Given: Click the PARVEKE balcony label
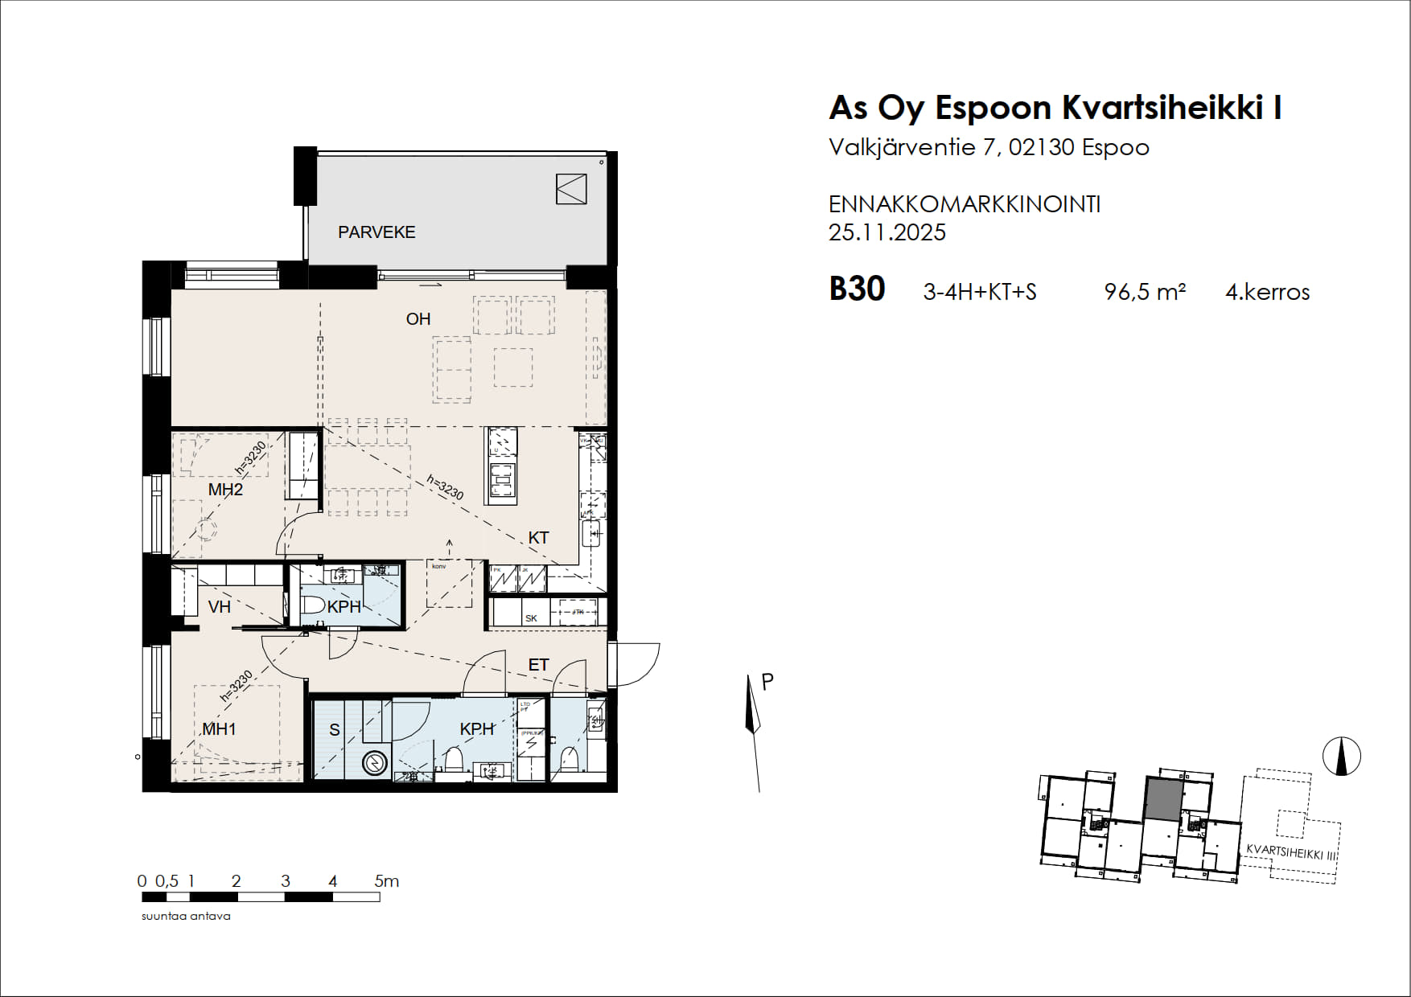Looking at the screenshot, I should tap(376, 232).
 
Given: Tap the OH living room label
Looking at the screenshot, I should tap(418, 319).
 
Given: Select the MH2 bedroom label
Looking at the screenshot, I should tap(225, 490).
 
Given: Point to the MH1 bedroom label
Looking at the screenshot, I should tap(219, 729).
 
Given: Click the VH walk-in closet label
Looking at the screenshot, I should tap(219, 607).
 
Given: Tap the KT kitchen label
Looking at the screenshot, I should tap(538, 538).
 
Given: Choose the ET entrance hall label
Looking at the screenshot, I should tap(538, 665).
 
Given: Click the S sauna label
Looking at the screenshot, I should tap(335, 730).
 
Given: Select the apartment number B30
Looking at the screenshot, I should tap(857, 289).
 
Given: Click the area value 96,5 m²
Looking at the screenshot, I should tap(1145, 292).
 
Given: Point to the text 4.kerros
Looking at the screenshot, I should tap(1267, 292).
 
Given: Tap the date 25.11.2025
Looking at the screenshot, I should tap(887, 232).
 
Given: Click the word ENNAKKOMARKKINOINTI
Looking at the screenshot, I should tap(964, 204).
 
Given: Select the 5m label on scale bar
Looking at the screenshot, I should tap(387, 881).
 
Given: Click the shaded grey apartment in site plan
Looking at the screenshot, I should tap(1164, 799).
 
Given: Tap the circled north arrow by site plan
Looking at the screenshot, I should tap(1341, 757).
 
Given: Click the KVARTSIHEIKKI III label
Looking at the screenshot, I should tap(1290, 852).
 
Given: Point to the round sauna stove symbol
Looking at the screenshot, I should tap(375, 762).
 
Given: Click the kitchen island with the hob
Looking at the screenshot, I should tap(500, 466).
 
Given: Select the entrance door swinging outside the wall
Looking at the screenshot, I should tap(636, 663).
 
